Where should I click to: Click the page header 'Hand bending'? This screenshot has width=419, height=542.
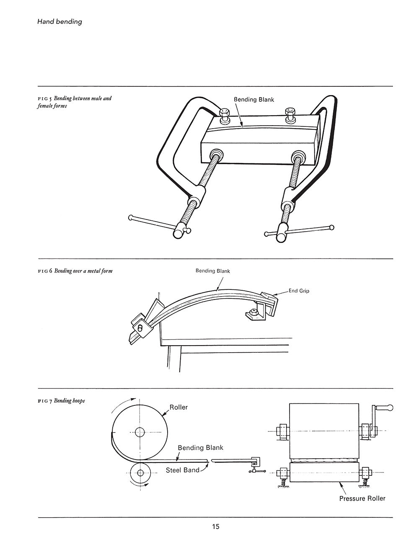tap(59, 21)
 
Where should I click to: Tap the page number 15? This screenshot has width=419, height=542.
tap(215, 527)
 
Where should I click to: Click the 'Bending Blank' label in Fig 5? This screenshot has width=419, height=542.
tap(253, 100)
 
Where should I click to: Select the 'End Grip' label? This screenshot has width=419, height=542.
tap(299, 291)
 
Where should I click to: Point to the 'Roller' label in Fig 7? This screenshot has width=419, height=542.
tap(178, 407)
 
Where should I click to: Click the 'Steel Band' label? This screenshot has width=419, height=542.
tap(182, 470)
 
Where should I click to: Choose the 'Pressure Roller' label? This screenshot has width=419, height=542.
tap(362, 498)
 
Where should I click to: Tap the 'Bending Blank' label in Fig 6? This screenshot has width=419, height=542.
tap(212, 271)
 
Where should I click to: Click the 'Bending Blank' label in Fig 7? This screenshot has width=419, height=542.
tap(200, 448)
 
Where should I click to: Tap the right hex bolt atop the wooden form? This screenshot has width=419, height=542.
tap(290, 114)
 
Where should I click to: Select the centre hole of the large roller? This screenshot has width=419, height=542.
tap(140, 432)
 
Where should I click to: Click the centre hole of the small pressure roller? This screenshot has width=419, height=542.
tap(140, 473)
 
